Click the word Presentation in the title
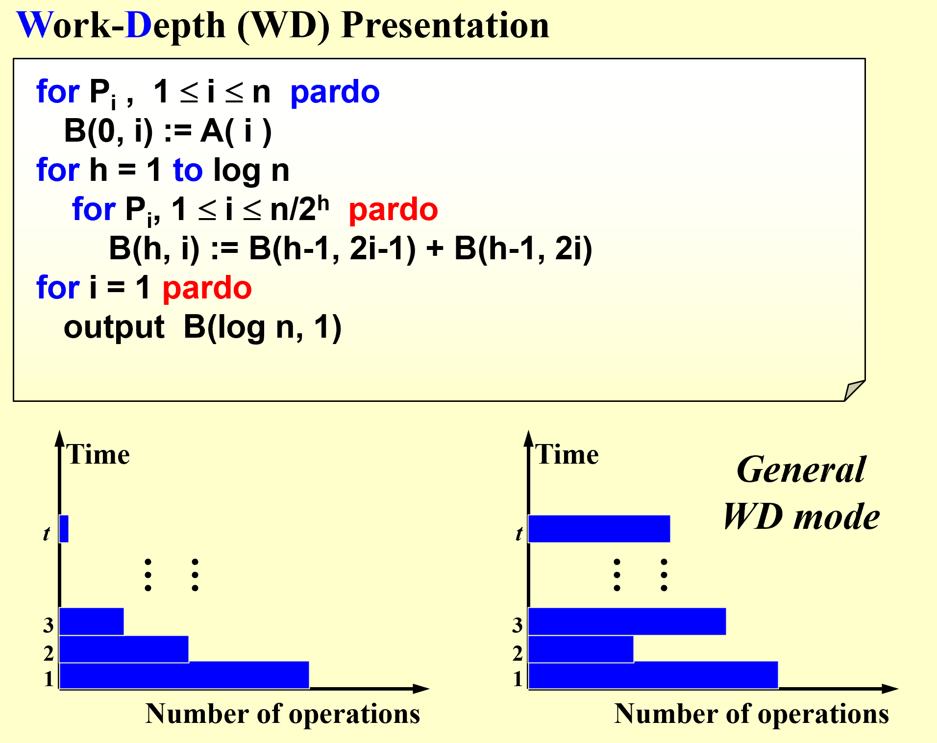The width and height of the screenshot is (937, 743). click(445, 25)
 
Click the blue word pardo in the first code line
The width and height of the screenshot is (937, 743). click(335, 93)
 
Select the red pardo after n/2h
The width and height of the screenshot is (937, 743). click(393, 210)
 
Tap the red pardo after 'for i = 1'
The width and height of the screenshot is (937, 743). click(207, 289)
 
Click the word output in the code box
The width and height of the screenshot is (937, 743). click(114, 327)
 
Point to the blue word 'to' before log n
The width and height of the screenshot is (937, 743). click(188, 170)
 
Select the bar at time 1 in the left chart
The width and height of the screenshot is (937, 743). click(184, 675)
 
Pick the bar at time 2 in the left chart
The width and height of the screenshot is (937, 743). click(124, 649)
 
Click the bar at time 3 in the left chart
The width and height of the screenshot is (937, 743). click(92, 621)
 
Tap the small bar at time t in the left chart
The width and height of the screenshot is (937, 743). click(64, 529)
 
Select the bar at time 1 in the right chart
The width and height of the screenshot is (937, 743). click(653, 675)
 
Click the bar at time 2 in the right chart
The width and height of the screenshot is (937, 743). click(581, 649)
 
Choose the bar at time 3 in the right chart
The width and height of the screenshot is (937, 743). click(627, 621)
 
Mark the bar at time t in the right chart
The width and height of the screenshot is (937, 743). click(599, 529)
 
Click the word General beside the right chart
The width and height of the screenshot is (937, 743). click(801, 470)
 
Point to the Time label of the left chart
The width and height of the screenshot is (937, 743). click(98, 454)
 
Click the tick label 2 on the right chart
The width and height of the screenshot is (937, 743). click(518, 653)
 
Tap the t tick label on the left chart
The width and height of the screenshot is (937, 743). click(47, 533)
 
